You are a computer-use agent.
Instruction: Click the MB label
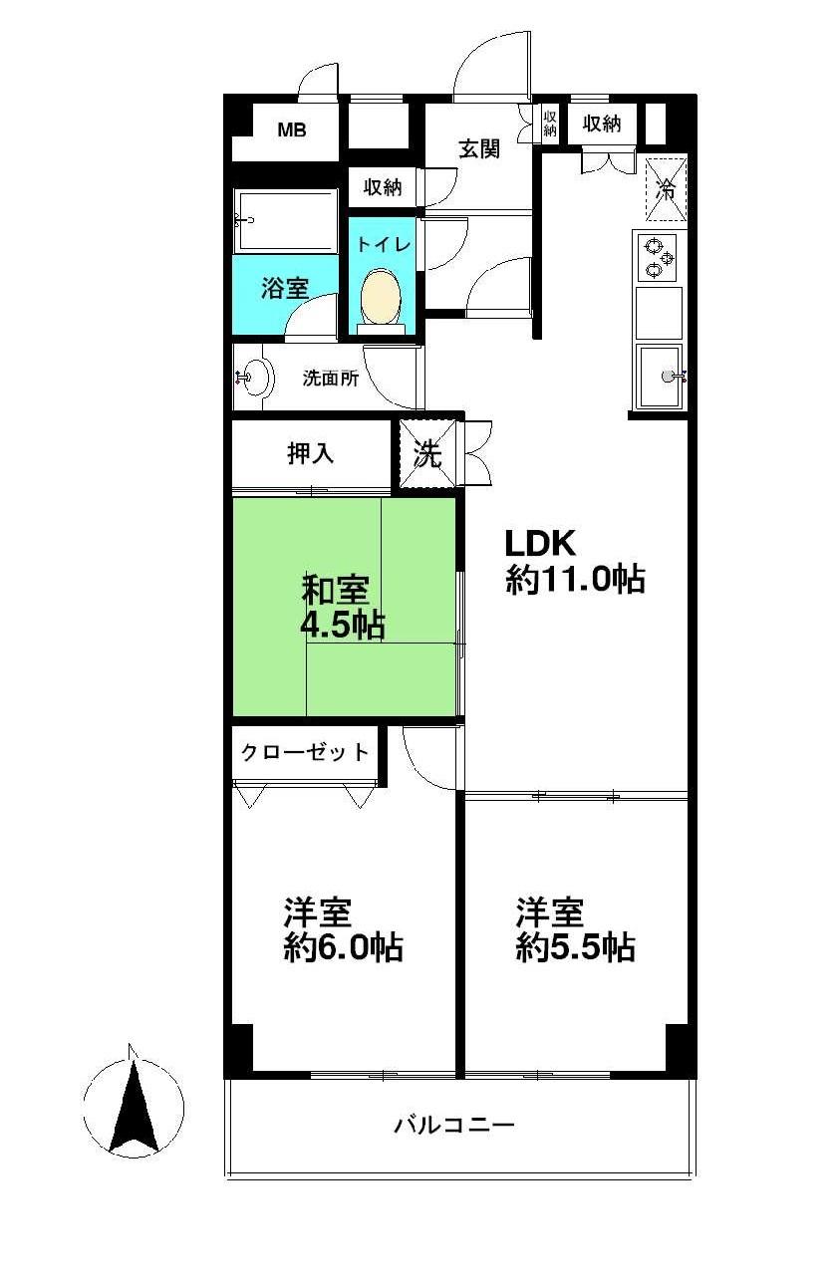click(291, 129)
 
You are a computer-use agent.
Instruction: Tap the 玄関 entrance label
click(478, 149)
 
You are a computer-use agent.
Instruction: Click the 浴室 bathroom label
click(285, 289)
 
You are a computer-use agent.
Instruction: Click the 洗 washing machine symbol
click(427, 454)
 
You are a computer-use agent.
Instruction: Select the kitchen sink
click(660, 376)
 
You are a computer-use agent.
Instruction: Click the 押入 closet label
click(310, 454)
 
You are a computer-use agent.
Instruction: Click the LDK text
click(540, 545)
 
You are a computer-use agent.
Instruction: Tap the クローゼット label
click(305, 753)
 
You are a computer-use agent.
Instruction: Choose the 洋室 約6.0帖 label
click(343, 929)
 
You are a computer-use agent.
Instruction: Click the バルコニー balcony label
click(453, 1127)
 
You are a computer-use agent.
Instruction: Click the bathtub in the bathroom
click(286, 221)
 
